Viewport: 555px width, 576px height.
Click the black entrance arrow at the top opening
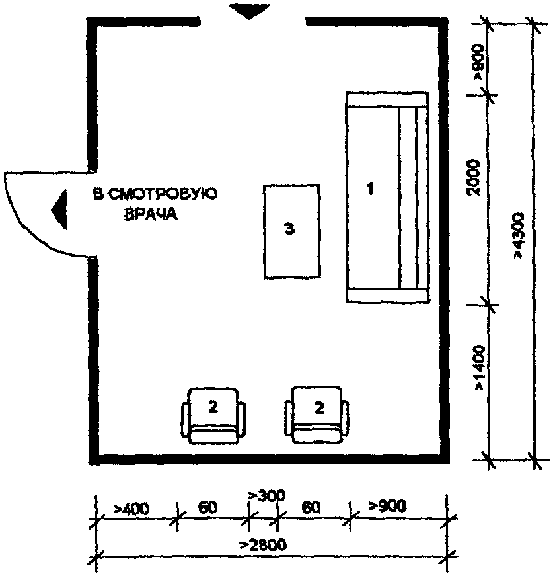pos(249,11)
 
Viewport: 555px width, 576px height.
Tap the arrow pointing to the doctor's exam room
pos(59,210)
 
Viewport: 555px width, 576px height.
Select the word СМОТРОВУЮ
pos(163,194)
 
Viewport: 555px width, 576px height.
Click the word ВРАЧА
pos(151,214)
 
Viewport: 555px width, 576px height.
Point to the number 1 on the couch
pos(371,189)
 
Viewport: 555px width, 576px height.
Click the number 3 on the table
pos(289,229)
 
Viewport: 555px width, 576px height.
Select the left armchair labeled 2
pos(213,415)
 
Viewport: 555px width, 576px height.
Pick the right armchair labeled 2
pos(317,415)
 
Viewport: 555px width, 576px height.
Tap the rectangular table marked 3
pos(292,231)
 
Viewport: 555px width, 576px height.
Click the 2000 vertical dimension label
pos(474,177)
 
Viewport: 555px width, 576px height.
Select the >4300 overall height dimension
pos(520,236)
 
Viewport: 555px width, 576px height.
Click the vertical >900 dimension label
pos(478,62)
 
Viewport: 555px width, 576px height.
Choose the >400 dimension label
pos(131,509)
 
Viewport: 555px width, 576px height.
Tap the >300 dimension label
pos(267,495)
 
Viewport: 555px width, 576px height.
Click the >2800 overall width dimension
pos(263,545)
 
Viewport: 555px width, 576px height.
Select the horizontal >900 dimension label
pos(388,505)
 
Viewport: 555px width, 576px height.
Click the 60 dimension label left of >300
pos(207,507)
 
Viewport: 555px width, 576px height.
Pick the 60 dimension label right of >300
pos(311,508)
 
